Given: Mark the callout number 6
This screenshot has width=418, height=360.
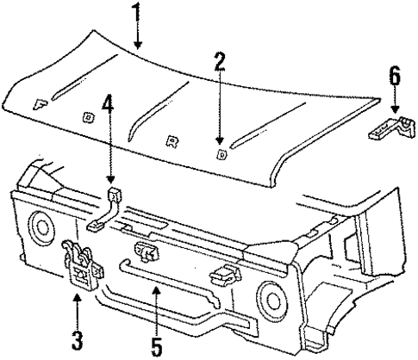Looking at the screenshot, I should pos(394,76).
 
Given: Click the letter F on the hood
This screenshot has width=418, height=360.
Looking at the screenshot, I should pos(40,103).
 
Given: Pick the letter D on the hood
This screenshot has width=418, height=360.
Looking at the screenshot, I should pos(221,155).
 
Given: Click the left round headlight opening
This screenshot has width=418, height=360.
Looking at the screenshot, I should pos(40,227).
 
